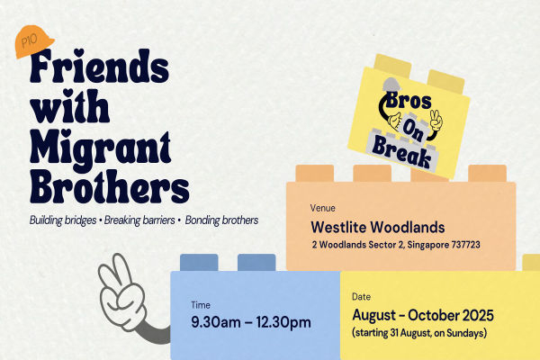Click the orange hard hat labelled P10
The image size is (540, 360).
coord(34,41)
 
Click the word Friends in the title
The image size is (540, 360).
coord(100,66)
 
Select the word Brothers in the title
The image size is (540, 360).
coord(110,186)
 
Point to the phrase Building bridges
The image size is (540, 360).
coord(63,220)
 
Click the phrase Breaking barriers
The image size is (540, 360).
coord(139,220)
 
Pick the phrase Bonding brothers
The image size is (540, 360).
coord(221,220)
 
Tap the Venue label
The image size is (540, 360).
coord(323,208)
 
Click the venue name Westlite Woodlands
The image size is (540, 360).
coord(378,227)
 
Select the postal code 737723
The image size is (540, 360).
coord(465,245)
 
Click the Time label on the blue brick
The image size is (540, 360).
coord(201,305)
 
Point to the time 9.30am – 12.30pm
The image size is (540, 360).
coord(251,322)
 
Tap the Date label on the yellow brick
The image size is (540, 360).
coord(361,297)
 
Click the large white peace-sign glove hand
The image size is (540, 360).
coord(123,292)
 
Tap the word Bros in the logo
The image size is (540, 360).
coord(409,100)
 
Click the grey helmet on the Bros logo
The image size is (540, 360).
coord(391,85)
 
